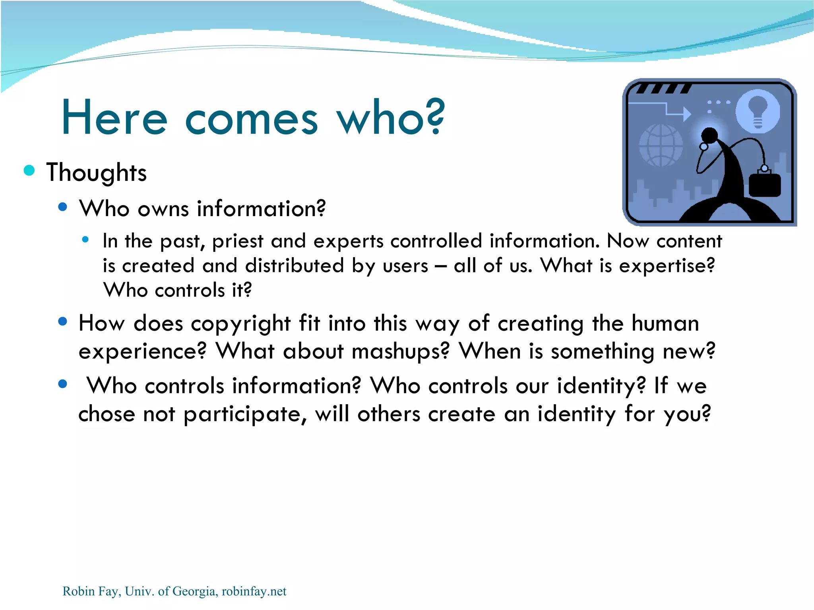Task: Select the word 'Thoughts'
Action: [97, 173]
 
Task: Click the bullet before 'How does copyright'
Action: [62, 321]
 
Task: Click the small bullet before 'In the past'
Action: [85, 240]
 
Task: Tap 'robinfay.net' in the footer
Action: [254, 591]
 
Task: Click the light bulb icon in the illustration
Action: [758, 111]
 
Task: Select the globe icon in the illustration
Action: [660, 145]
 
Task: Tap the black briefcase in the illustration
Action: [765, 184]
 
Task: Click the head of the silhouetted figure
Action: [709, 136]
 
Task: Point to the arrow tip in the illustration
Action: [687, 114]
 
